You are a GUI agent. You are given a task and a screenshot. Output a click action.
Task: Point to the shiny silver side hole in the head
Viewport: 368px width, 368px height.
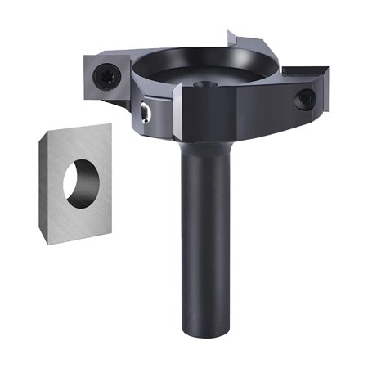tap(145, 112)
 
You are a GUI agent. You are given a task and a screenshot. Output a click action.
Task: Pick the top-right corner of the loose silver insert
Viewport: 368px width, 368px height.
tap(110, 124)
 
